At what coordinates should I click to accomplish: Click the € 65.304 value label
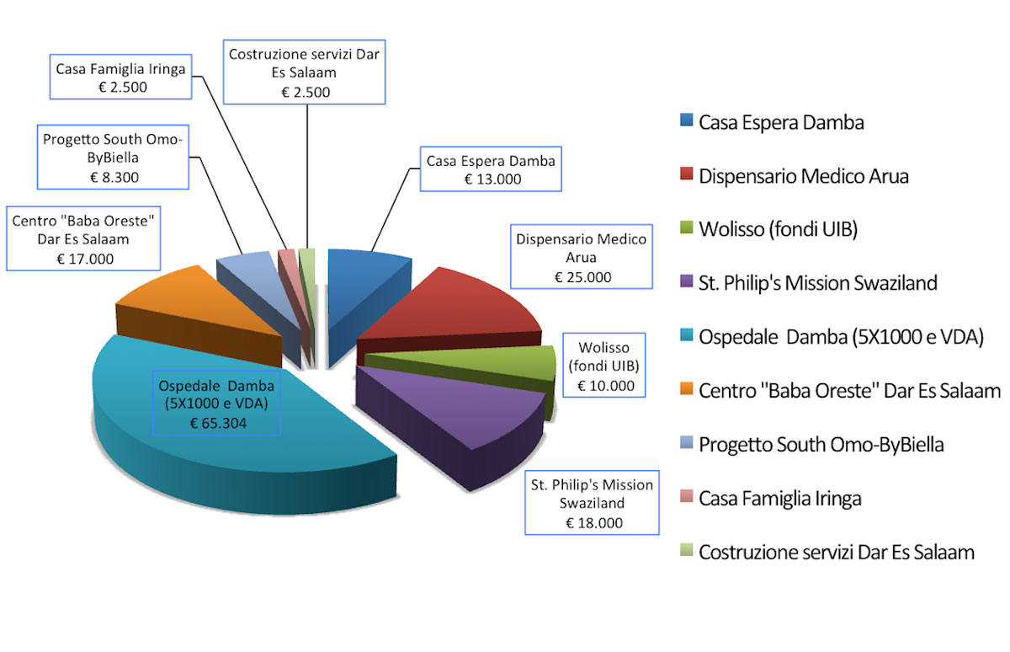218,423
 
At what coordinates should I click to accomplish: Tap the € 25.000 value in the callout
582,277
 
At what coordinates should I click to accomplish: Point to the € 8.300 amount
114,178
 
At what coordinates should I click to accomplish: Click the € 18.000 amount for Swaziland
594,523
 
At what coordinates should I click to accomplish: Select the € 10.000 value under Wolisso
605,386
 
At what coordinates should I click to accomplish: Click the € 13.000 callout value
492,179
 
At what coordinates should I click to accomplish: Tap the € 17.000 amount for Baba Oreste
85,259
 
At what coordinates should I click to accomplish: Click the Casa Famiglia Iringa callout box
121,77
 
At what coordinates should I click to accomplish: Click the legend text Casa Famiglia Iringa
779,498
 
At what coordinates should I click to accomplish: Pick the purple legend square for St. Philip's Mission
686,281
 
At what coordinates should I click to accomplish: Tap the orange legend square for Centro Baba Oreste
686,388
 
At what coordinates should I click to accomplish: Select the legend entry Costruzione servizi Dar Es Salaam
827,552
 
